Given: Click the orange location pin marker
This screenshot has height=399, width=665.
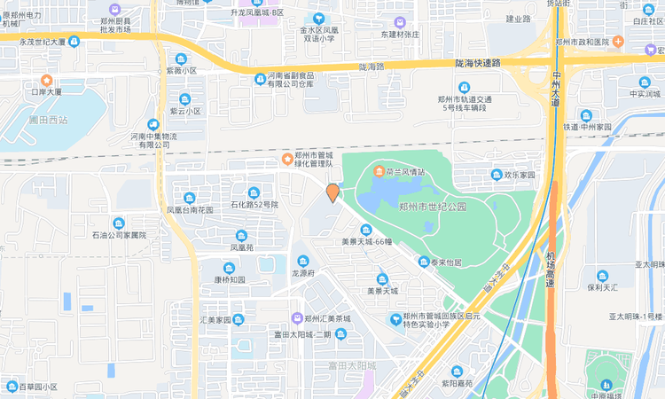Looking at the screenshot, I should tap(332, 192).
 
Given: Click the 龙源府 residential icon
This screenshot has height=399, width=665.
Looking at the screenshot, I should tap(304, 261).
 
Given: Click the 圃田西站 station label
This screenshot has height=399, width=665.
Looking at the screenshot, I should tap(47, 119).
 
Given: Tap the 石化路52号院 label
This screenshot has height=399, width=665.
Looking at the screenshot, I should tap(254, 204).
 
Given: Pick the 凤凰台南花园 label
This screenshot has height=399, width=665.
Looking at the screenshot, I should tap(190, 210).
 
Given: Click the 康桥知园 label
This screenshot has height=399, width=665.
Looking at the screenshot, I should tap(229, 279).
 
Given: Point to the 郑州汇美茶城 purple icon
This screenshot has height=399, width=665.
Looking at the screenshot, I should tap(296, 318).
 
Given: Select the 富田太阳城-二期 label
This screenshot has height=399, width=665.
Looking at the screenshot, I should tap(302, 334).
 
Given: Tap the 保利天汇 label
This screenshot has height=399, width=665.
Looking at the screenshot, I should tap(602, 287).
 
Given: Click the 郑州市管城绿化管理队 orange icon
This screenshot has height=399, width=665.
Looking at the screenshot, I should tap(286, 160).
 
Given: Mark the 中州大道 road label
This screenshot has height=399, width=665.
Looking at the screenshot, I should tap(556, 88).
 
